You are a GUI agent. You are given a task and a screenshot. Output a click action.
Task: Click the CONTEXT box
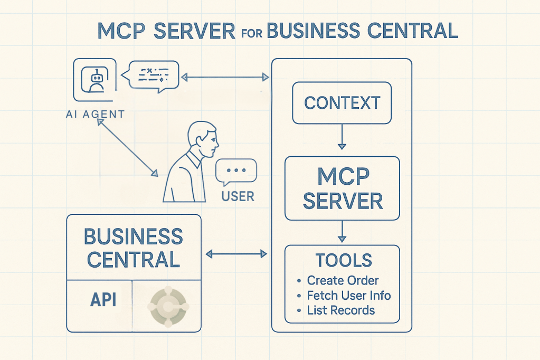click(342, 102)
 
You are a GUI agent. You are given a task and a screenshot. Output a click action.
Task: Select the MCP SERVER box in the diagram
click(342, 188)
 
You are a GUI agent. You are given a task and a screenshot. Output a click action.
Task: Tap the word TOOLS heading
click(344, 260)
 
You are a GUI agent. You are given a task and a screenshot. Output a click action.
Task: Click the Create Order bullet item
click(343, 280)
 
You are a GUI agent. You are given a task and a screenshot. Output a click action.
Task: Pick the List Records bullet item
click(340, 310)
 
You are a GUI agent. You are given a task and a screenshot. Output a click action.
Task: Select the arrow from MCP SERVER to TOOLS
click(343, 232)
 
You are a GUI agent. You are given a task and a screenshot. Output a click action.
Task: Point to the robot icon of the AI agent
click(96, 81)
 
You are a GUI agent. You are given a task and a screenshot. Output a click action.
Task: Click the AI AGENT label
click(96, 114)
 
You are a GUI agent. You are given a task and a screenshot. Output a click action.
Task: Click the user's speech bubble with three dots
click(235, 172)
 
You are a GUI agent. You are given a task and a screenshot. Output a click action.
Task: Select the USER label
click(238, 196)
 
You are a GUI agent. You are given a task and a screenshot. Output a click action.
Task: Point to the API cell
click(103, 299)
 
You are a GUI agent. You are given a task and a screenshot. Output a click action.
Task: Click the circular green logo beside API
click(168, 306)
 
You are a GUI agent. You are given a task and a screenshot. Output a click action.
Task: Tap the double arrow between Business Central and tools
click(236, 254)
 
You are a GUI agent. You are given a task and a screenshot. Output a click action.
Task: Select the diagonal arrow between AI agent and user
click(128, 148)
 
